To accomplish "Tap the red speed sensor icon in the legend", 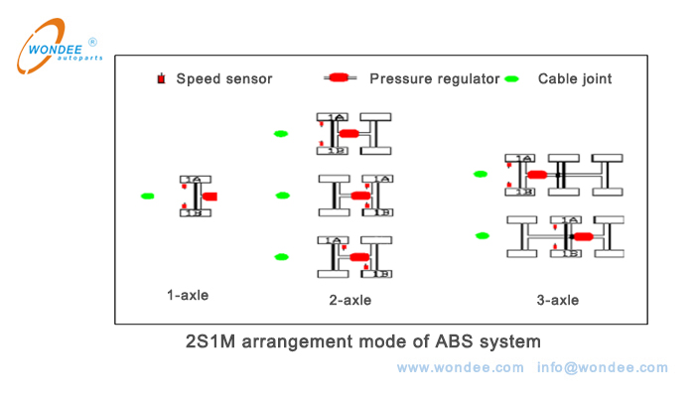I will pos(161,78).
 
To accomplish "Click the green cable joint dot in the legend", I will pos(511,78).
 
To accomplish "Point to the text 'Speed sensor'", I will pos(223,78).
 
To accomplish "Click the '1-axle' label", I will pos(188,294).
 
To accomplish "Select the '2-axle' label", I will pos(350,299).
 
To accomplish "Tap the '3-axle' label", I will pos(557,299).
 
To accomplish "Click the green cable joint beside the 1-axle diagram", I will pos(148,197).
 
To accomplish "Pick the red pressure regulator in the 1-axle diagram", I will pos(208,197).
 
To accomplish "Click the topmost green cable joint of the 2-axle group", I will pos(281,133).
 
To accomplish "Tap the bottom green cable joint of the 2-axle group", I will pos(281,257).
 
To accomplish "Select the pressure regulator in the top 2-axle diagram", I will pos(347,133).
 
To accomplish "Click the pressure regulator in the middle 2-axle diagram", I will pos(360,196).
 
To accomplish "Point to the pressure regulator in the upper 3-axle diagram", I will pos(537,175).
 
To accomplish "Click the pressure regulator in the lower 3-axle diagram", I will pos(582,236).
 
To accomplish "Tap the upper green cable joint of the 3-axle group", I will pos(481,174).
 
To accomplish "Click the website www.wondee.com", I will pos(460,367).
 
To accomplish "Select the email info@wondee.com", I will pos(603,367).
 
